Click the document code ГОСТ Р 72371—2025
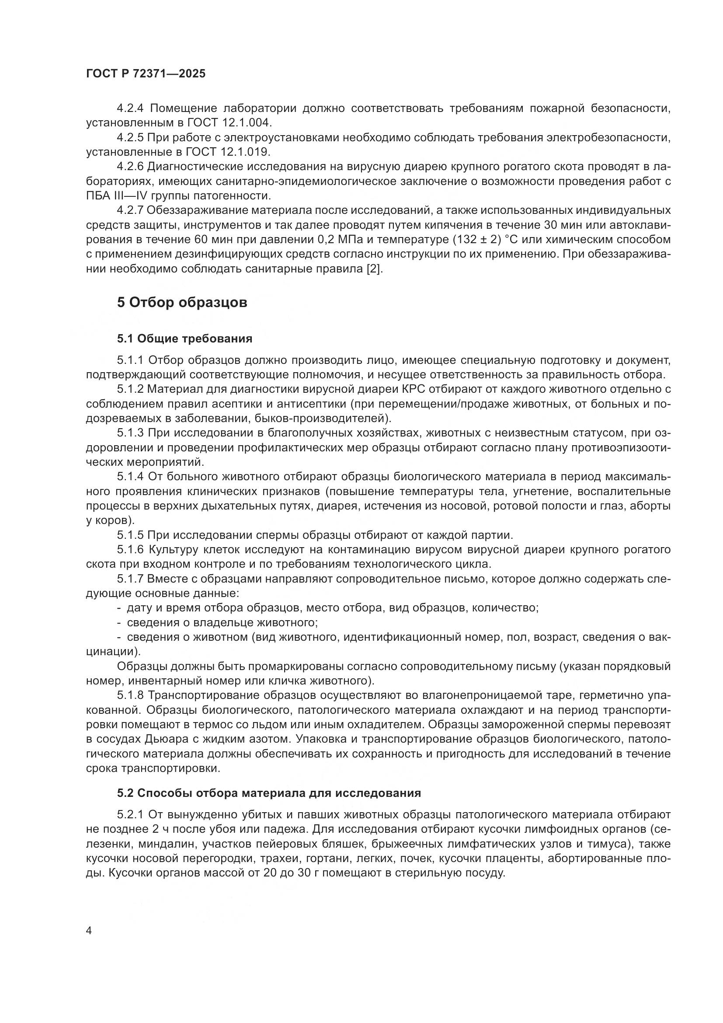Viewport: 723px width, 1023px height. click(146, 74)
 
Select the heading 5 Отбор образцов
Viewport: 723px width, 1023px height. click(182, 303)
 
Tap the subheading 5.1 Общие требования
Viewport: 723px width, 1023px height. click(184, 339)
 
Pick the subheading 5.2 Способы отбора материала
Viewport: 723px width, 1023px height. click(269, 793)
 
